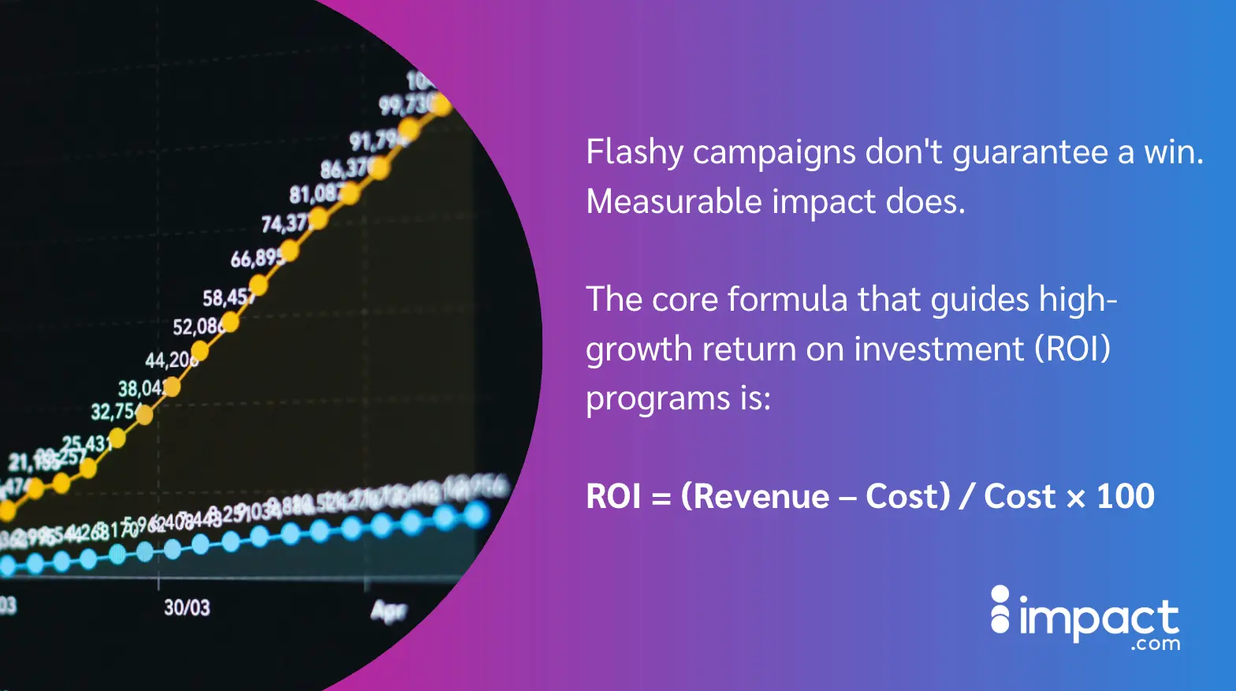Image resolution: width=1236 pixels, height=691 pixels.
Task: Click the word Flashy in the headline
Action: [x=634, y=152]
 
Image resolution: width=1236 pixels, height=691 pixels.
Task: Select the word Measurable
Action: [x=673, y=202]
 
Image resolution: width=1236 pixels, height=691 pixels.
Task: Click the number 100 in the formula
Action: [x=1125, y=497]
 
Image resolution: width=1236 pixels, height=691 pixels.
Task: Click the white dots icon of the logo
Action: [x=1000, y=610]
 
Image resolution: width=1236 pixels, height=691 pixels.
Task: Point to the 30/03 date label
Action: [x=187, y=607]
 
